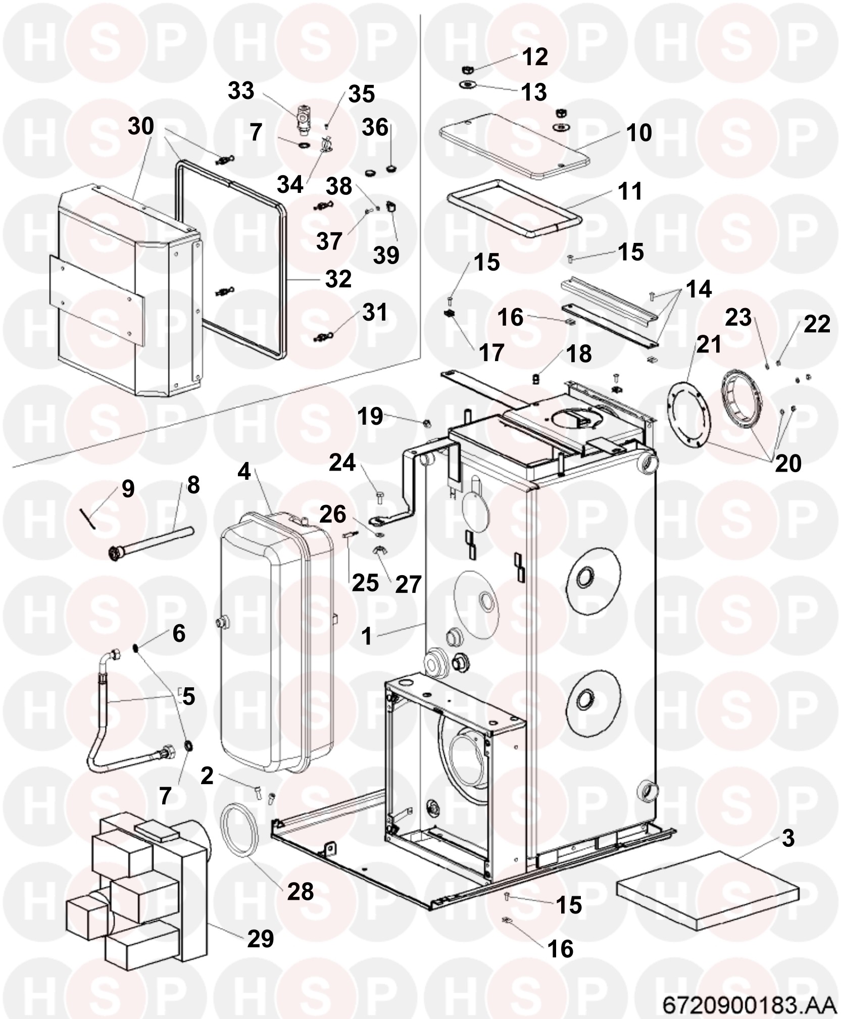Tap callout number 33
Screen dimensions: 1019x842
click(x=241, y=91)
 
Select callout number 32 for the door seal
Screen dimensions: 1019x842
click(x=338, y=279)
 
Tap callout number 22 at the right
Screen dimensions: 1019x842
click(x=817, y=324)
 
